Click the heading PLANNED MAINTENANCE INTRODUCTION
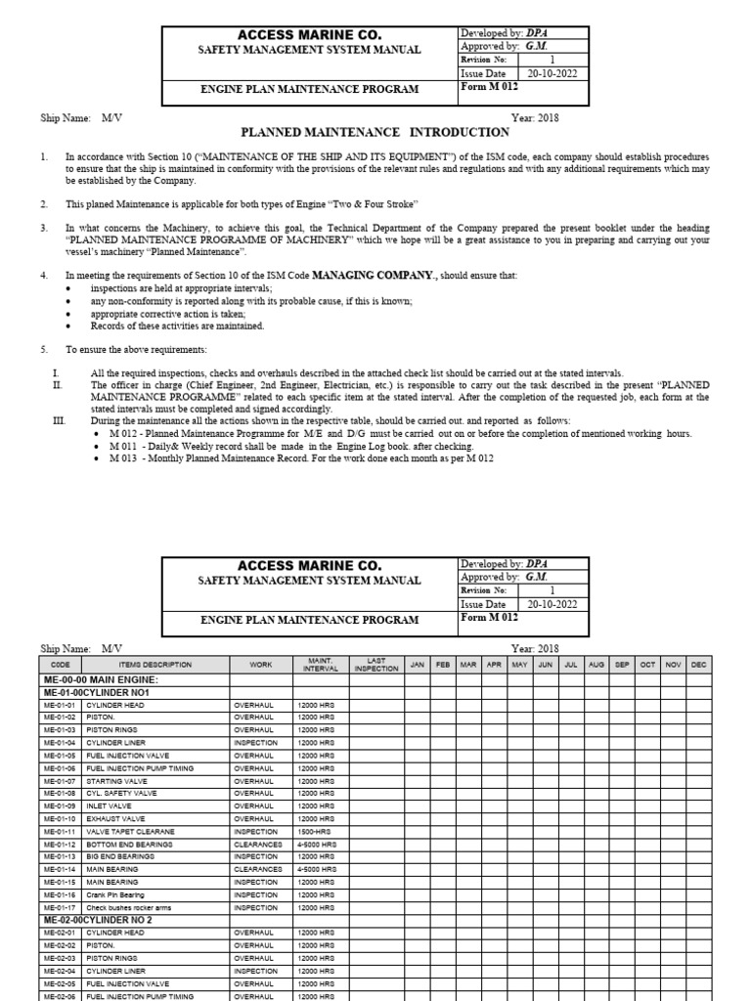(375, 132)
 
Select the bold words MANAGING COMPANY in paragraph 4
(372, 276)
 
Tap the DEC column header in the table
(697, 665)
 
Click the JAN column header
(418, 665)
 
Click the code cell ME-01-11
(60, 832)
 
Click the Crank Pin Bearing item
(115, 894)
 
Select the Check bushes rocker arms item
(128, 907)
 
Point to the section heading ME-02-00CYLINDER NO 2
(97, 920)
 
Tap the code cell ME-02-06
(60, 995)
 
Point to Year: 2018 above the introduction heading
(535, 118)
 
